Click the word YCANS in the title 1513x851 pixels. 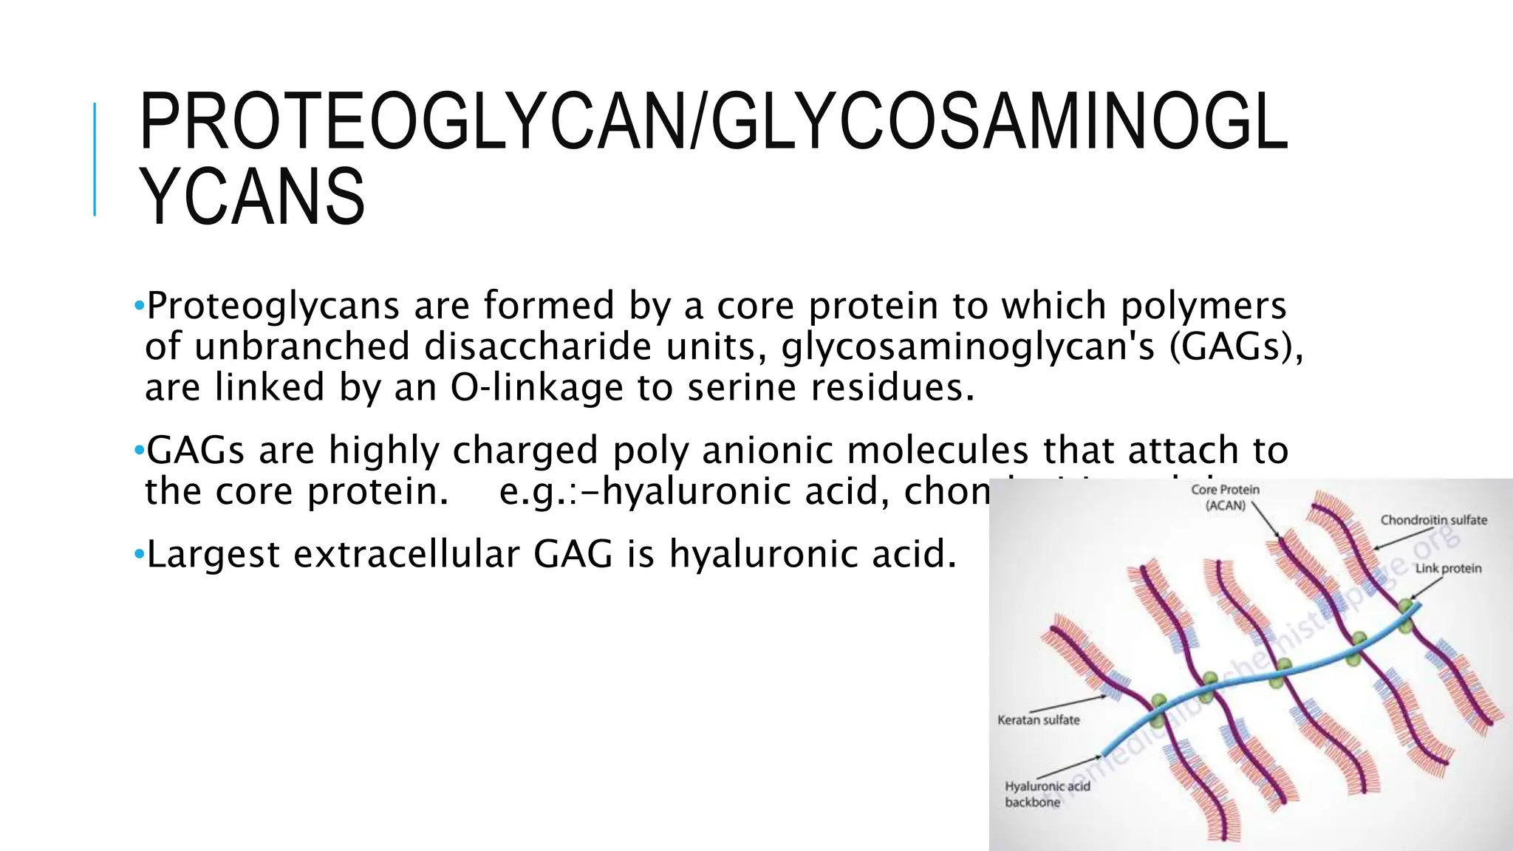[x=253, y=196]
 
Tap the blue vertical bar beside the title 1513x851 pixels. [x=95, y=159]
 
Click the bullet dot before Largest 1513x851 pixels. [x=139, y=554]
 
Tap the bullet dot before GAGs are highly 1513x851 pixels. [x=139, y=450]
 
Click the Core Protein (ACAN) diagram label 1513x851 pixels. [x=1225, y=497]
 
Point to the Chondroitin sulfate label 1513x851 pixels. [x=1433, y=520]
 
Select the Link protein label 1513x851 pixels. [x=1448, y=568]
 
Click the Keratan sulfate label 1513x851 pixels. [x=1038, y=720]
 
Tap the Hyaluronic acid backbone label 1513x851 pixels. [x=1047, y=794]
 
